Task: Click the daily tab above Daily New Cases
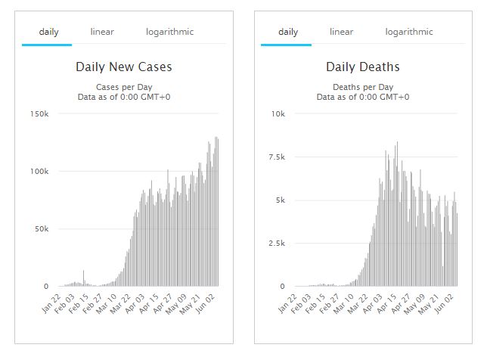tap(48, 32)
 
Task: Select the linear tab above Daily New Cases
tap(102, 32)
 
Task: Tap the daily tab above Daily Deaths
tap(288, 32)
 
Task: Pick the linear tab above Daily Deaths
tap(341, 32)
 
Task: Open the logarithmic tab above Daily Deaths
tap(409, 32)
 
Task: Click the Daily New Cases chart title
tap(124, 67)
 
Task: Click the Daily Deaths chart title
tap(363, 67)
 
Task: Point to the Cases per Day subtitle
tap(124, 86)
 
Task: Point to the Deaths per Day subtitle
tap(363, 86)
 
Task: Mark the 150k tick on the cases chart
tap(39, 113)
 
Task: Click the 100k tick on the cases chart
tap(39, 171)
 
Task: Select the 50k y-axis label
tap(41, 228)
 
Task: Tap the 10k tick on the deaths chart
tap(278, 113)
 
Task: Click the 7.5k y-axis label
tap(277, 157)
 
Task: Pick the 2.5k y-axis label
tap(277, 244)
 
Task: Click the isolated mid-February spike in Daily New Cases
tap(84, 278)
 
